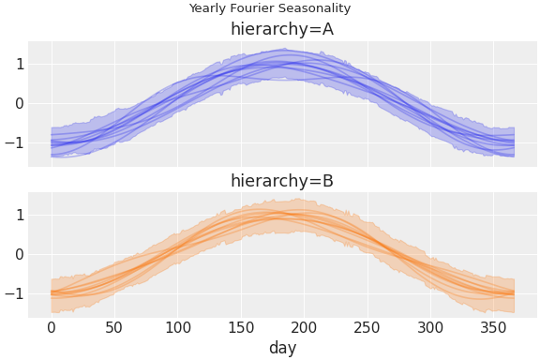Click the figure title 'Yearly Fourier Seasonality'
270,8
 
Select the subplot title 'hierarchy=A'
282,29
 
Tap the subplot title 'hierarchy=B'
282,181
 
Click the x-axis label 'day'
282,348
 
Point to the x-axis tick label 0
52,326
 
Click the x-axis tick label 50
114,326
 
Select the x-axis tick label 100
178,326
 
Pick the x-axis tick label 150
241,326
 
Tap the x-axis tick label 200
305,326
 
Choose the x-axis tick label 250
367,326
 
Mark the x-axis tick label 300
431,326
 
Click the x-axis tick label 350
494,326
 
